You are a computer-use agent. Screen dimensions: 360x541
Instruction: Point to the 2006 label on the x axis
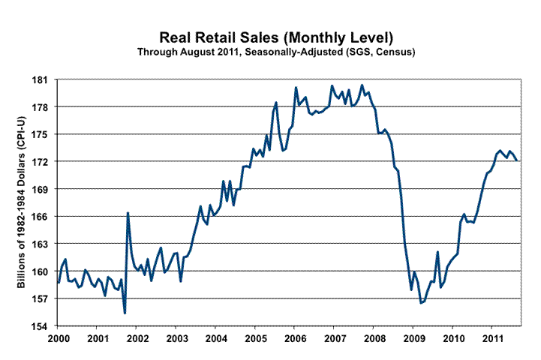click(x=294, y=339)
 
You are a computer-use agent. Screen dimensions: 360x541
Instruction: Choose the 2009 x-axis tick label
click(x=413, y=339)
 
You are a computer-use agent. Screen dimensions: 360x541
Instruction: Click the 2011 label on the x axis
click(x=491, y=339)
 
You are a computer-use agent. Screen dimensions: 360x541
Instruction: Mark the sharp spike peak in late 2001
click(x=128, y=213)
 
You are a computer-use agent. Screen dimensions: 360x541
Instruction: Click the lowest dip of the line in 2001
click(x=125, y=313)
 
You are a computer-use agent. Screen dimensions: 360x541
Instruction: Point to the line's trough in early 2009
click(x=421, y=303)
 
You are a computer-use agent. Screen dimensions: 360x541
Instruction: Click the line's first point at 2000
click(x=59, y=282)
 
